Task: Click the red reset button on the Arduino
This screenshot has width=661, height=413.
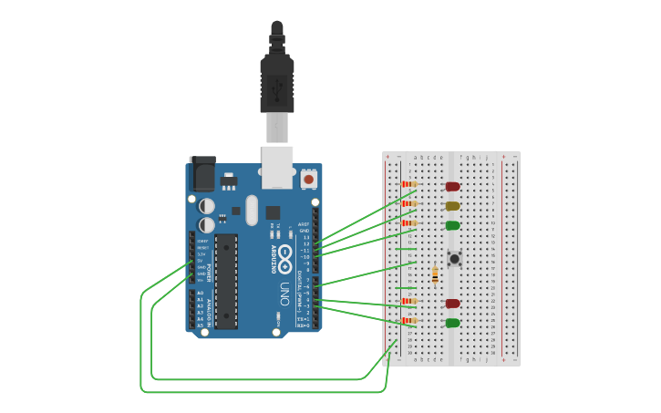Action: pos(309,180)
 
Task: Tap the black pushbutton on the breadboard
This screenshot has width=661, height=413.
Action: pos(453,259)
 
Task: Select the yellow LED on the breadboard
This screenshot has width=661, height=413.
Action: pos(452,206)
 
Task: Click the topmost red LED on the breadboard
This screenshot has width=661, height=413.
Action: pos(452,187)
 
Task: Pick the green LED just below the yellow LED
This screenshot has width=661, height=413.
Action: pos(452,225)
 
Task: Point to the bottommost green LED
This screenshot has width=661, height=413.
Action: pos(452,323)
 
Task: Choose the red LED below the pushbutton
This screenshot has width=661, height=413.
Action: pos(452,304)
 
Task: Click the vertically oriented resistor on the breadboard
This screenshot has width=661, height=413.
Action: pos(435,274)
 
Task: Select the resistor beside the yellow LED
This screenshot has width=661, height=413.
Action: pos(409,203)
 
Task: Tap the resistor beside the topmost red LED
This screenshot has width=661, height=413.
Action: pos(409,184)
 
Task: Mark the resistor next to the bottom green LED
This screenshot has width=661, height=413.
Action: pos(409,320)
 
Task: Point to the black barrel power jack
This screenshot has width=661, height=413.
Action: pos(201,173)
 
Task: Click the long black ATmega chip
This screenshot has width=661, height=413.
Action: pos(226,281)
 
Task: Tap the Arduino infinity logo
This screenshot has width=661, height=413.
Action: pos(285,253)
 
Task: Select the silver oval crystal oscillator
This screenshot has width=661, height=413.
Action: pos(253,211)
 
